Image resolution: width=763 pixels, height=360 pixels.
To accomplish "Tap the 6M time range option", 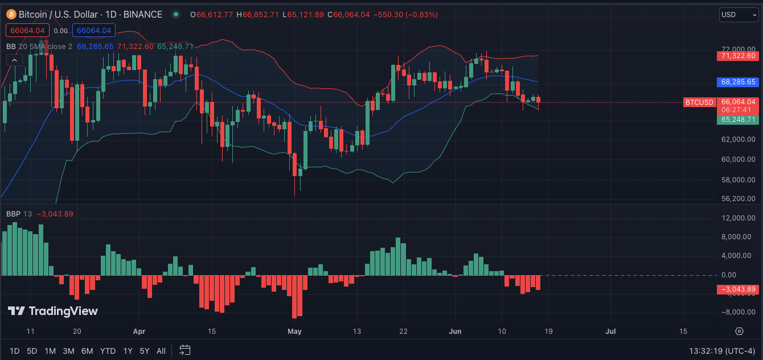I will point(87,351).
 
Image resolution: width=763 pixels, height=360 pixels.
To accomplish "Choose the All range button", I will point(161,351).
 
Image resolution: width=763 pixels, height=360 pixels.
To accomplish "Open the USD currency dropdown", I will point(739,14).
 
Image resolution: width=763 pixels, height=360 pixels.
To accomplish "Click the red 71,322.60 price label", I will point(738,56).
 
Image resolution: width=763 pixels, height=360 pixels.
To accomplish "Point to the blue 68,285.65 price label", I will point(738,82).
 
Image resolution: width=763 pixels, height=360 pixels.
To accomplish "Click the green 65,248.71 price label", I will point(738,120).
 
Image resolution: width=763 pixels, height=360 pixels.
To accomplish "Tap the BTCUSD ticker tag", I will point(699,102).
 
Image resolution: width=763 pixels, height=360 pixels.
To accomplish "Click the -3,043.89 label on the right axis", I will point(738,289).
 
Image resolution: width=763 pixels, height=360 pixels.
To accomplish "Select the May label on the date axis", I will point(294,331).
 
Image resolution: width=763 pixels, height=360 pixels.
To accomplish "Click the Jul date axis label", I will point(610,331).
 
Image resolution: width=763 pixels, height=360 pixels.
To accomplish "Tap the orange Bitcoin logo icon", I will point(11,14).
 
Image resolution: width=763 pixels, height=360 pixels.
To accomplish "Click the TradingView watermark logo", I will point(53,311).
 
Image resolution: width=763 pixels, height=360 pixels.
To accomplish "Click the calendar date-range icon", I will point(184,350).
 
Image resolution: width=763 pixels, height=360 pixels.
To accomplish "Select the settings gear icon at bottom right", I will point(739,331).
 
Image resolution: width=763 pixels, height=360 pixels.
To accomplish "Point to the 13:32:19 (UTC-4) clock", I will point(722,351).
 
